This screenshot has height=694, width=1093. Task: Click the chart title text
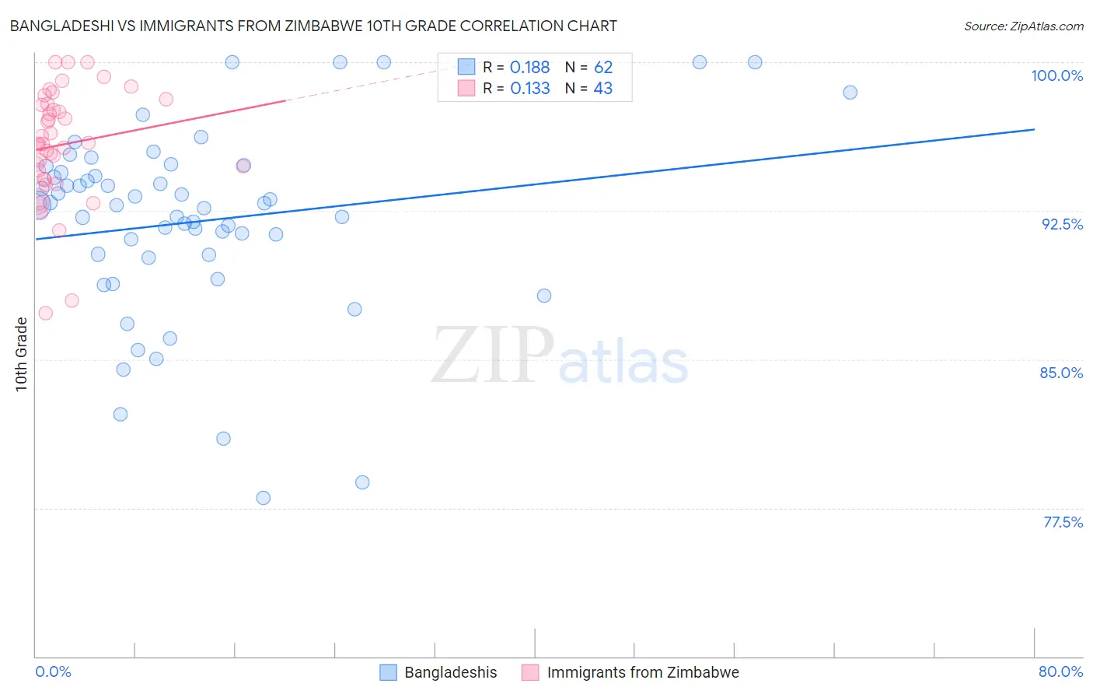[x=313, y=26]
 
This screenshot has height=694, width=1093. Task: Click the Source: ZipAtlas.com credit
[x=1023, y=26]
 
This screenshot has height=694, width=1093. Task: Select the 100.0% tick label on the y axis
[x=1056, y=75]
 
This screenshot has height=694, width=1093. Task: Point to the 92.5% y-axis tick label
[x=1062, y=224]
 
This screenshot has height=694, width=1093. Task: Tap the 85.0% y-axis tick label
[x=1061, y=373]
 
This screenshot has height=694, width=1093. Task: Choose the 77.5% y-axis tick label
[x=1063, y=522]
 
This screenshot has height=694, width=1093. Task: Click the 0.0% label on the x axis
[x=53, y=671]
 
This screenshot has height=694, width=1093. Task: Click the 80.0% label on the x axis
[x=1060, y=671]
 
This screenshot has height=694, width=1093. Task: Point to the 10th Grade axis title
[x=22, y=354]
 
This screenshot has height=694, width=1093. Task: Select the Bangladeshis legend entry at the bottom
[x=450, y=672]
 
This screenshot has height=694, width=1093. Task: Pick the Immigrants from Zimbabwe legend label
[x=642, y=672]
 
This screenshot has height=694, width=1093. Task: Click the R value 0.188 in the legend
[x=529, y=68]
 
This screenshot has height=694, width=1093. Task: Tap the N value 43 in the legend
[x=603, y=89]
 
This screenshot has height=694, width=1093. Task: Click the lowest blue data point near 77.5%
[x=264, y=498]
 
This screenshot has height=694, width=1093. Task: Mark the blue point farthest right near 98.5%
[x=850, y=93]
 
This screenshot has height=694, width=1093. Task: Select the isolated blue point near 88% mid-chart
[x=544, y=296]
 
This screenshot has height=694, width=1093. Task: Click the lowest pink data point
[x=46, y=313]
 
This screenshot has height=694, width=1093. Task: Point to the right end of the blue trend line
[x=1034, y=129]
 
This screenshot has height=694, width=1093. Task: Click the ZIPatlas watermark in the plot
[x=560, y=356]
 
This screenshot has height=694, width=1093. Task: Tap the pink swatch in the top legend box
[x=466, y=89]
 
